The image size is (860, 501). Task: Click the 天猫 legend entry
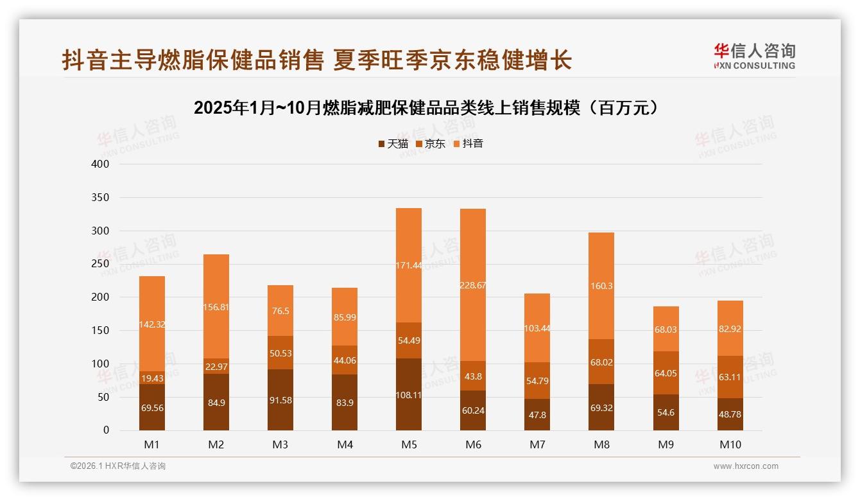pos(393,144)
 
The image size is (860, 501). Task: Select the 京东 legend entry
pos(431,144)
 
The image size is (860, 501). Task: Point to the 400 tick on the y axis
pos(101,164)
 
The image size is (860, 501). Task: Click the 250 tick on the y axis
pos(101,264)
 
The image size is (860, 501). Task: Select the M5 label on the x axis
pos(409,444)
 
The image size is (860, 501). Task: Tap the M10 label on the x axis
pos(730,444)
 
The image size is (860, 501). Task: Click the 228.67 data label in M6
pos(473,285)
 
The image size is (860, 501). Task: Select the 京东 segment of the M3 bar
pos(280,353)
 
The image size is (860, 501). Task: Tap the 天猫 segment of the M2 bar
pos(216,402)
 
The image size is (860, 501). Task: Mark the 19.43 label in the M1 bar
pos(152,378)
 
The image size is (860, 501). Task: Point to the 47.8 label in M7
pos(537,415)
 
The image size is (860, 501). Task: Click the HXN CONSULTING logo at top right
pos(755,57)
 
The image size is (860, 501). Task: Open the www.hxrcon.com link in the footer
pos(746,466)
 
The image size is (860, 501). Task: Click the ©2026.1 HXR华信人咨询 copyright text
pos(118,466)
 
